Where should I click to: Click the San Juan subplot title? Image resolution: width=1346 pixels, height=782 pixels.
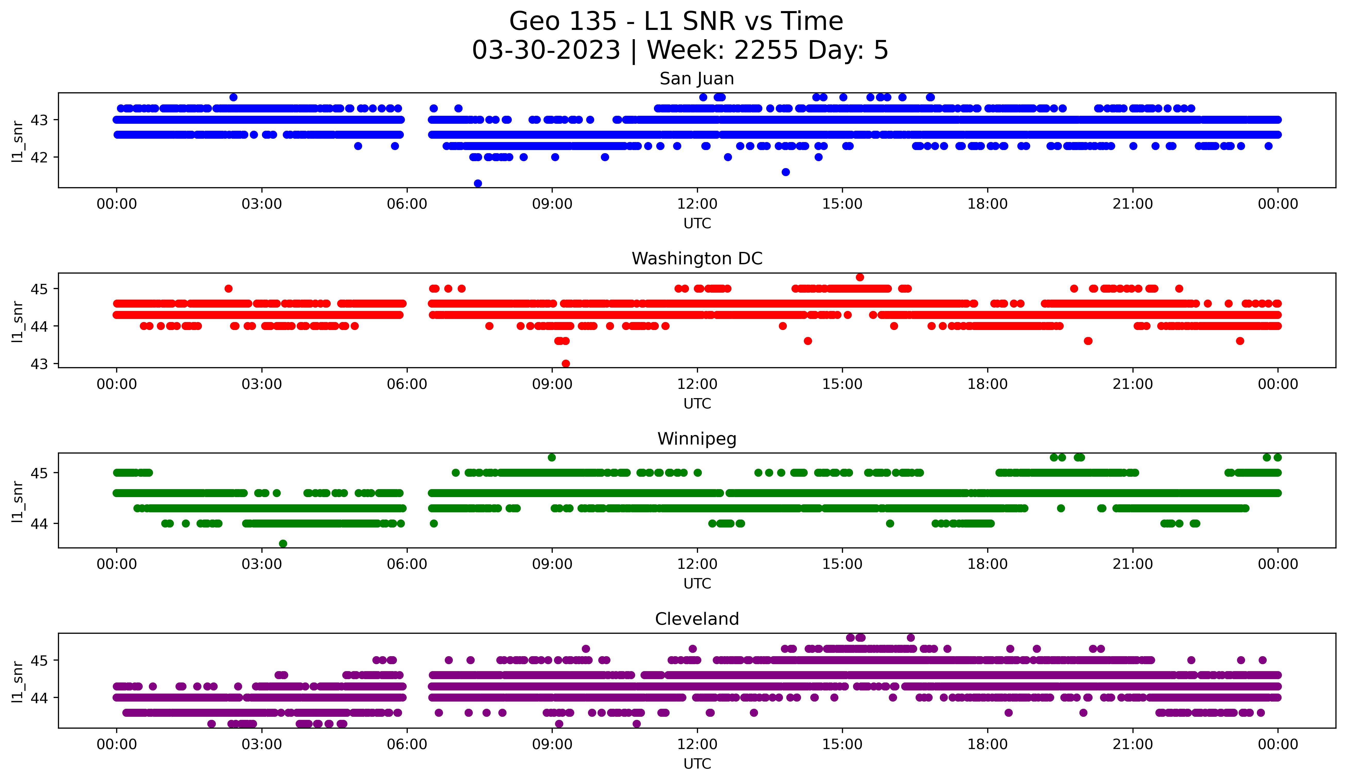tap(696, 79)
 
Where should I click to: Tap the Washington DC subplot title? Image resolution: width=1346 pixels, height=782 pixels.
tap(696, 259)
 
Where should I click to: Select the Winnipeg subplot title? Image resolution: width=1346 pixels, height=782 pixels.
tap(696, 439)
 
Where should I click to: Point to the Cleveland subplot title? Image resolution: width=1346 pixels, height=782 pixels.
tap(696, 619)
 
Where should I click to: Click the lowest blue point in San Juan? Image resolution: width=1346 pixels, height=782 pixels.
tap(478, 183)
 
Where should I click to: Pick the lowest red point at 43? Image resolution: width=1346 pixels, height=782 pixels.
tap(566, 364)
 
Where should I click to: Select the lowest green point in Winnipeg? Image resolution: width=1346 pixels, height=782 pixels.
tap(283, 544)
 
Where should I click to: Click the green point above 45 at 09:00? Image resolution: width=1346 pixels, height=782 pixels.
tap(552, 457)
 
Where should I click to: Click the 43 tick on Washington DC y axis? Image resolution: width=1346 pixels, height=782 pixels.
tap(39, 364)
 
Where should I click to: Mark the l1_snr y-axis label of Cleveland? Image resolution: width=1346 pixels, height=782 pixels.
tap(18, 680)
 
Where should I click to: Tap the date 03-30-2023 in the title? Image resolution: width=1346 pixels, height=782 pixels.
tap(546, 50)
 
